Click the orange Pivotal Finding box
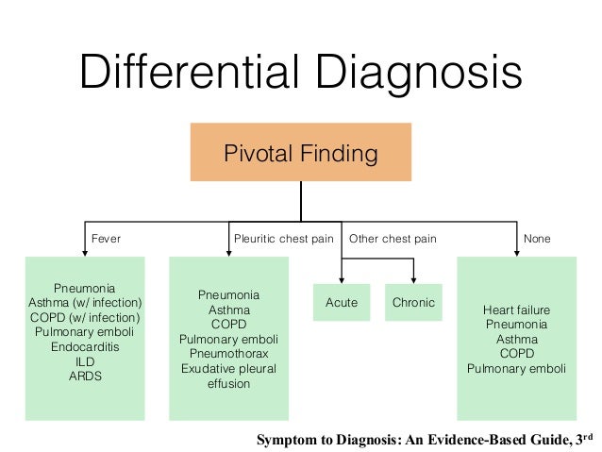click(x=301, y=152)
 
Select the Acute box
click(x=342, y=303)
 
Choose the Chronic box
click(x=413, y=303)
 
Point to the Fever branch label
click(x=105, y=239)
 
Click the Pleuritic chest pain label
click(x=283, y=239)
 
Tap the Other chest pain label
click(x=393, y=239)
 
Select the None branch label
click(x=537, y=239)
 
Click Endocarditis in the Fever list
click(x=85, y=346)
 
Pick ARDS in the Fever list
click(x=85, y=376)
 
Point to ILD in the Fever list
click(x=85, y=361)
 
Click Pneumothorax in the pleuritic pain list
click(x=228, y=354)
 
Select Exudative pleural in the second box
click(x=228, y=369)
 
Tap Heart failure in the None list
click(x=516, y=310)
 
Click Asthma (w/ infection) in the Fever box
click(x=85, y=302)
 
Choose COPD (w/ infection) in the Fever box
click(x=85, y=317)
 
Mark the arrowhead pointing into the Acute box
click(x=342, y=279)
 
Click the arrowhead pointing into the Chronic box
click(x=413, y=279)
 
